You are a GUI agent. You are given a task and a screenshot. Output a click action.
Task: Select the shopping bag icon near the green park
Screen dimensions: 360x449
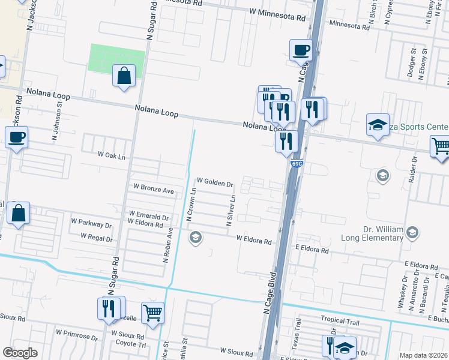point(124,76)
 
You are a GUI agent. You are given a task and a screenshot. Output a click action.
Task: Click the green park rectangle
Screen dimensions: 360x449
point(117,58)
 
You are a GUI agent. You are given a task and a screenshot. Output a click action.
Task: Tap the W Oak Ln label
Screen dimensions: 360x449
point(112,155)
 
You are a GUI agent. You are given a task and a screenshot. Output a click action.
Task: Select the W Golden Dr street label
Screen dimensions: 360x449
point(214,181)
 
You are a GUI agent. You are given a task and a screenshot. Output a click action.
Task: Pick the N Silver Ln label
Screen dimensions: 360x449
point(230,208)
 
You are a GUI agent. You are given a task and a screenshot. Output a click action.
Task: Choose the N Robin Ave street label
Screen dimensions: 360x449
point(168,245)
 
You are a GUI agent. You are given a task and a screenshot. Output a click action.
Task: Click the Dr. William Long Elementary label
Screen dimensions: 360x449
point(383,233)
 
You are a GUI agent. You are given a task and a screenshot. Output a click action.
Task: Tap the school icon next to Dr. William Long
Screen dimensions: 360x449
point(412,232)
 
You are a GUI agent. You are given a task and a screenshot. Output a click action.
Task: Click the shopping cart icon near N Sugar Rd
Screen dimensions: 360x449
point(153,312)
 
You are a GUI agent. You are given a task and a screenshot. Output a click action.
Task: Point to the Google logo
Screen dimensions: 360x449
point(20,352)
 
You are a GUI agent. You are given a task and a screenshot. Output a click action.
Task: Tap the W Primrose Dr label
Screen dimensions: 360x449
point(76,332)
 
